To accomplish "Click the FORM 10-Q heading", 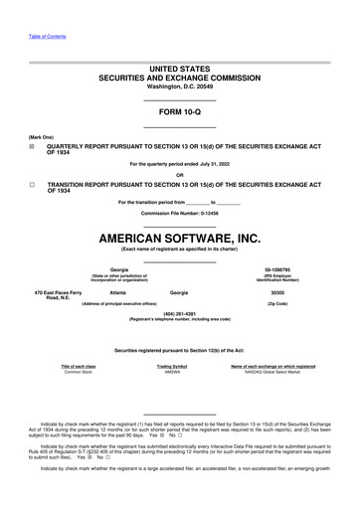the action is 180,112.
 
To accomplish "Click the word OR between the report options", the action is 180,173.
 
